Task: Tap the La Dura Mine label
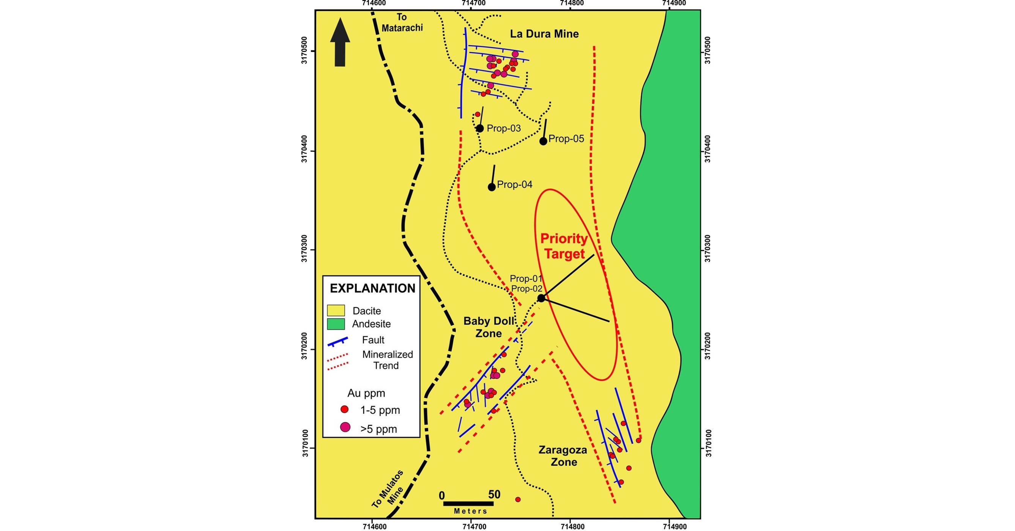tap(544, 34)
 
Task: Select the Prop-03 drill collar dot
tap(479, 128)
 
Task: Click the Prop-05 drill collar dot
tap(543, 141)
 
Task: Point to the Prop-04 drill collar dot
tap(492, 187)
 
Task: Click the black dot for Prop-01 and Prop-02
tap(541, 298)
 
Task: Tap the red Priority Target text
tap(564, 246)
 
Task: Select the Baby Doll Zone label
tap(489, 327)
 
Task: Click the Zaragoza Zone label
tap(563, 456)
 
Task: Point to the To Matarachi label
tap(402, 22)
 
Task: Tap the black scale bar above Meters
tap(468, 503)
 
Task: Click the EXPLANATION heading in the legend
tap(372, 288)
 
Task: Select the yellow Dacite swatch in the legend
tap(336, 310)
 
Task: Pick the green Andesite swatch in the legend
tap(336, 324)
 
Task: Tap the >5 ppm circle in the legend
tap(345, 427)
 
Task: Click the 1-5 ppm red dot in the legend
tap(345, 409)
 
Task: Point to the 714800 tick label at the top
tap(571, 3)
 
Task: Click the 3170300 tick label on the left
tap(304, 250)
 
